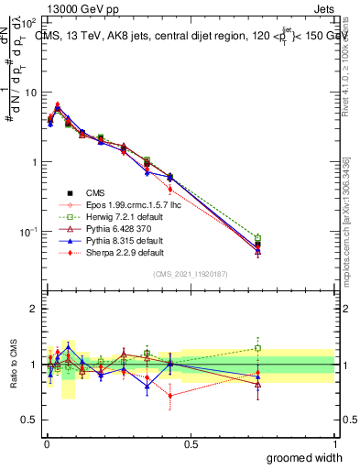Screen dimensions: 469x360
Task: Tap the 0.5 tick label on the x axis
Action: (191, 442)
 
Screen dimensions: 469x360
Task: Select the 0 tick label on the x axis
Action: (46, 442)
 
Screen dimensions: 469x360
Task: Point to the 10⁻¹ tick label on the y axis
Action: (27, 232)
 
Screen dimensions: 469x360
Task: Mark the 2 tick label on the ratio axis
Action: (33, 309)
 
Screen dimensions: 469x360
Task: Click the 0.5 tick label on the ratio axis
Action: (29, 420)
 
